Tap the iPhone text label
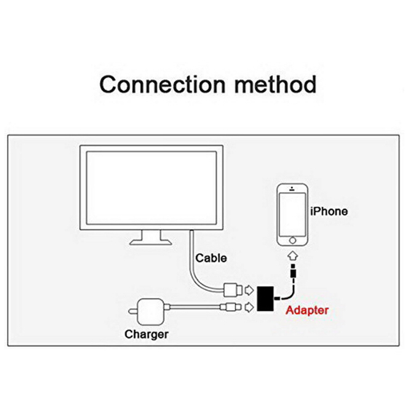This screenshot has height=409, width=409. tap(329, 211)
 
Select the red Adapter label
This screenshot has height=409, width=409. tap(307, 310)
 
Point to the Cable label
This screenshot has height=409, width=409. tap(211, 258)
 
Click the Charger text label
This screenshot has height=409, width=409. tap(147, 334)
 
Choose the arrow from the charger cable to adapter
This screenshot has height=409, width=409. tap(249, 307)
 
